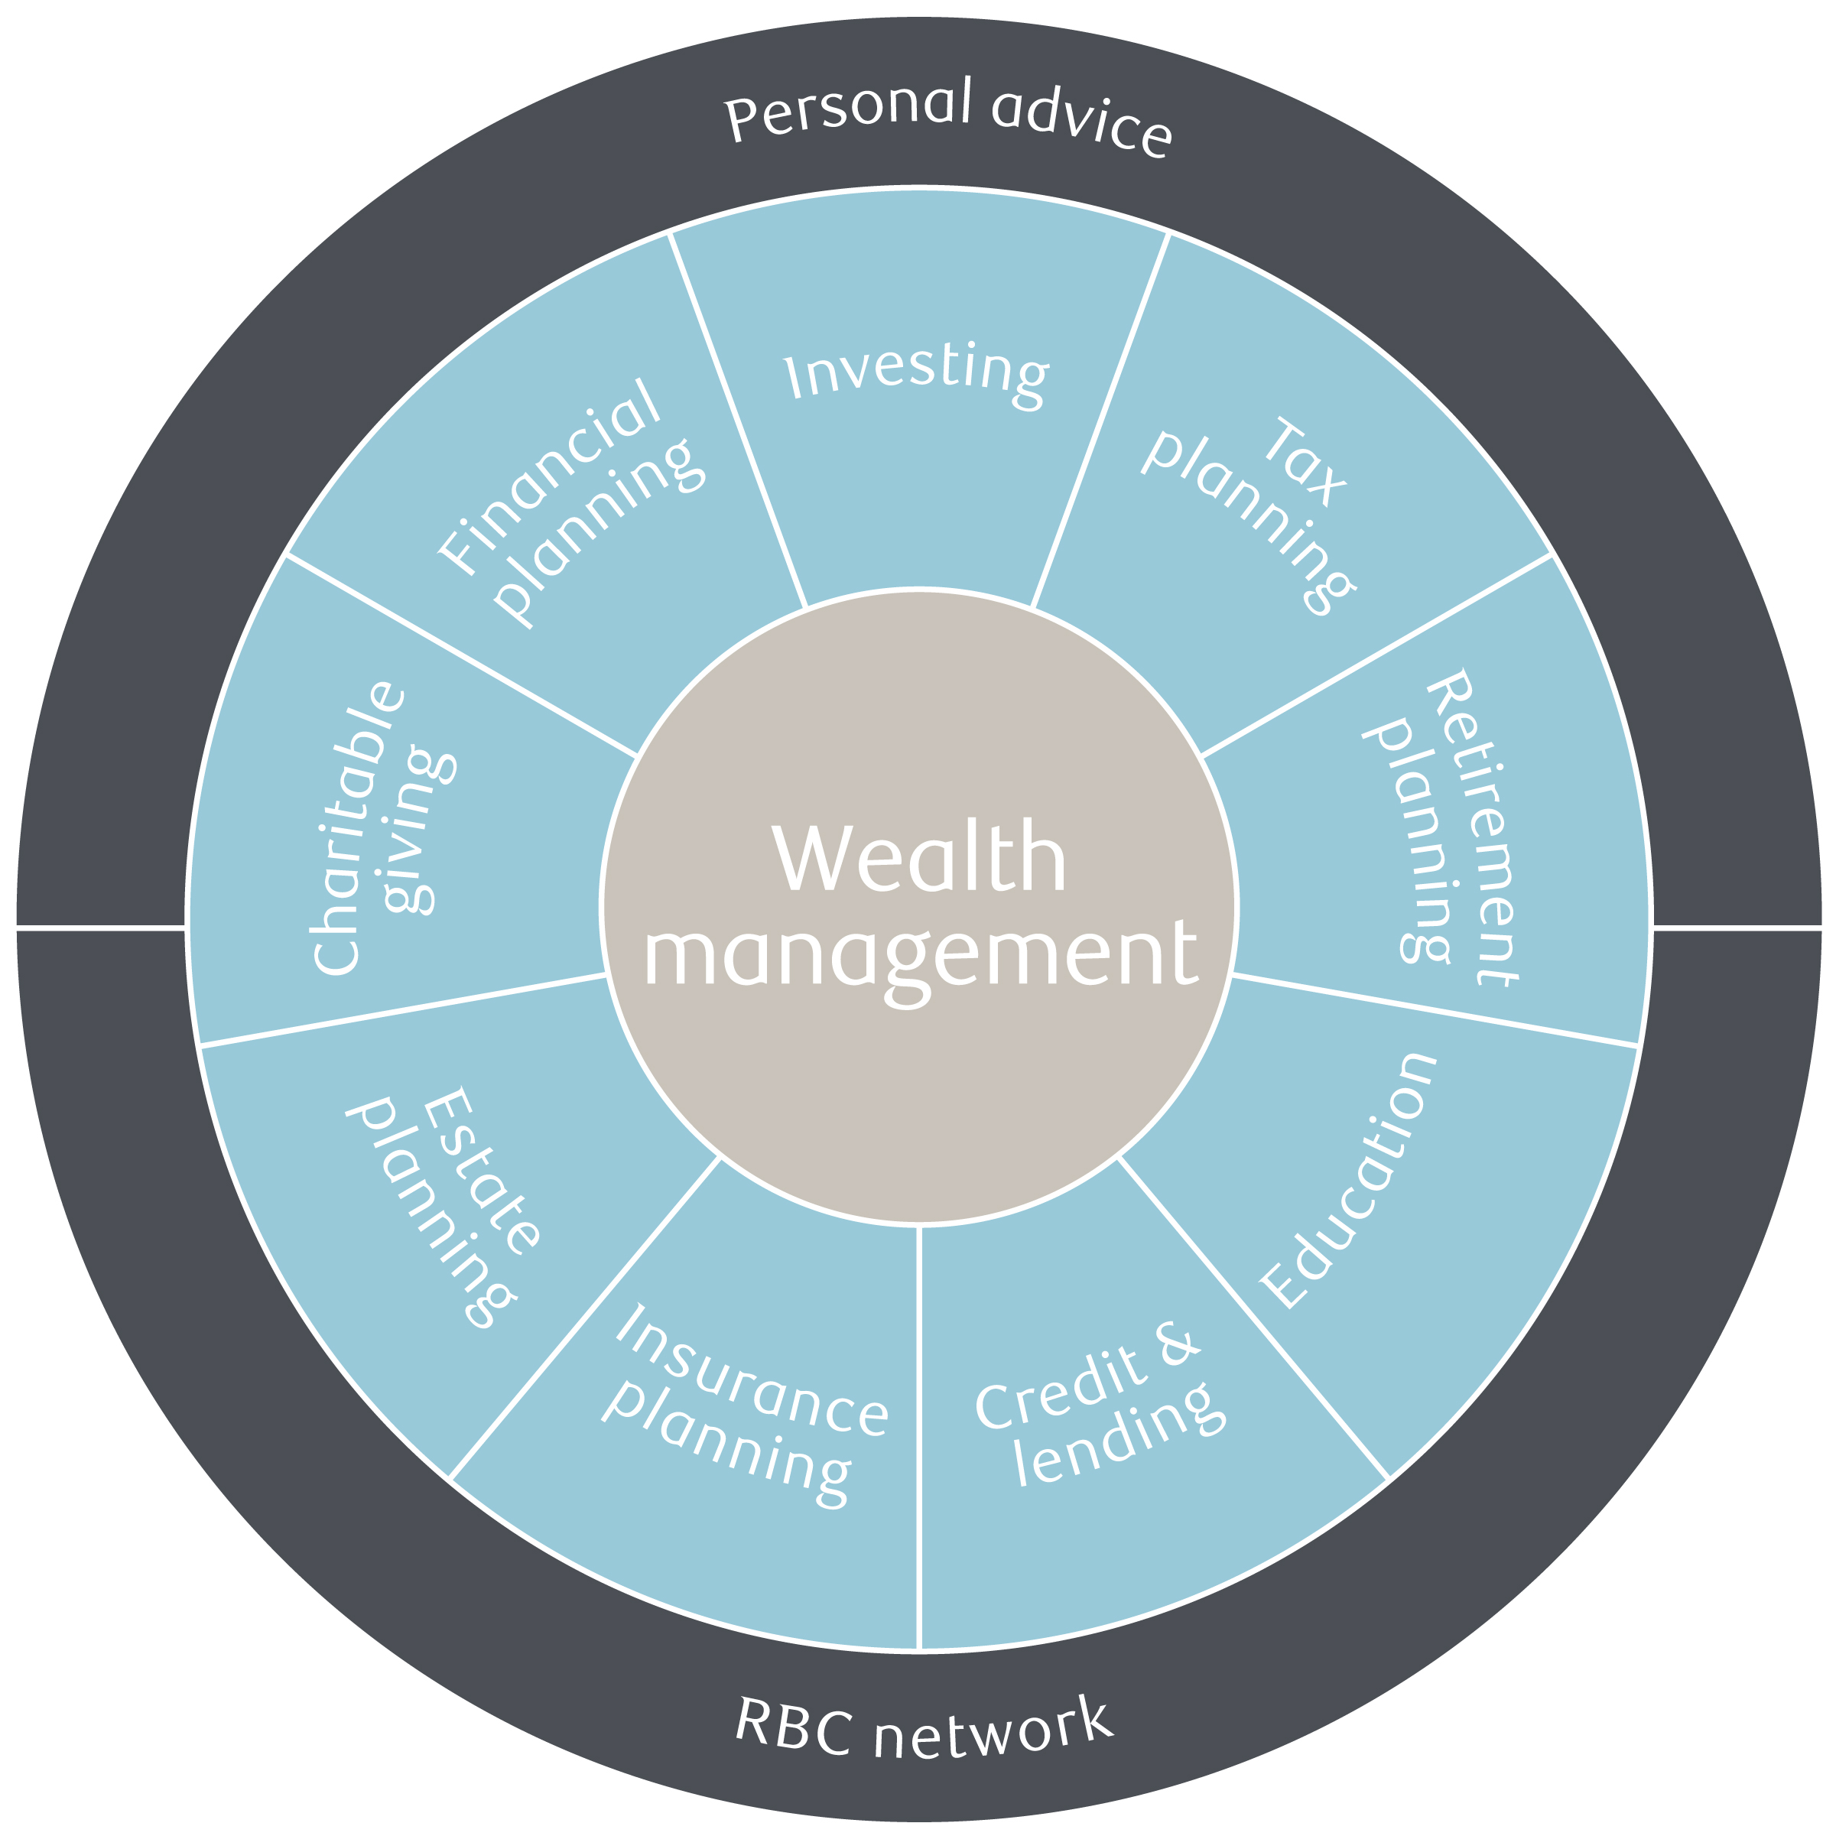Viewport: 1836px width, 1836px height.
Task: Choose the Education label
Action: [1347, 1181]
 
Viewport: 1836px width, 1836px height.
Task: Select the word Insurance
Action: [752, 1370]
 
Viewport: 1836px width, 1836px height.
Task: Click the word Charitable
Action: [359, 827]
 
